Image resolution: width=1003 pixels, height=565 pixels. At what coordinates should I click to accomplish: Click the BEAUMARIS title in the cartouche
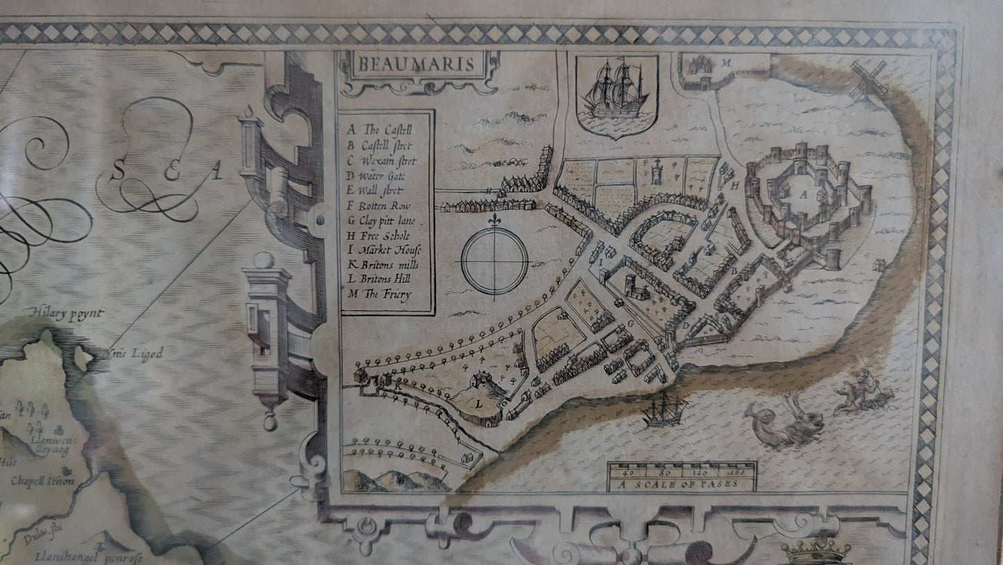(x=416, y=65)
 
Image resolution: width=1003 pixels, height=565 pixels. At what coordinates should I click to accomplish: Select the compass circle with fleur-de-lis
(x=494, y=261)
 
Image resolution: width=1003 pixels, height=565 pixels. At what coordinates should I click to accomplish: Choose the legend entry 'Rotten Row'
(x=386, y=206)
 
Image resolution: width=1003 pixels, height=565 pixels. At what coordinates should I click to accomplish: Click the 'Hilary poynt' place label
(x=67, y=314)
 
